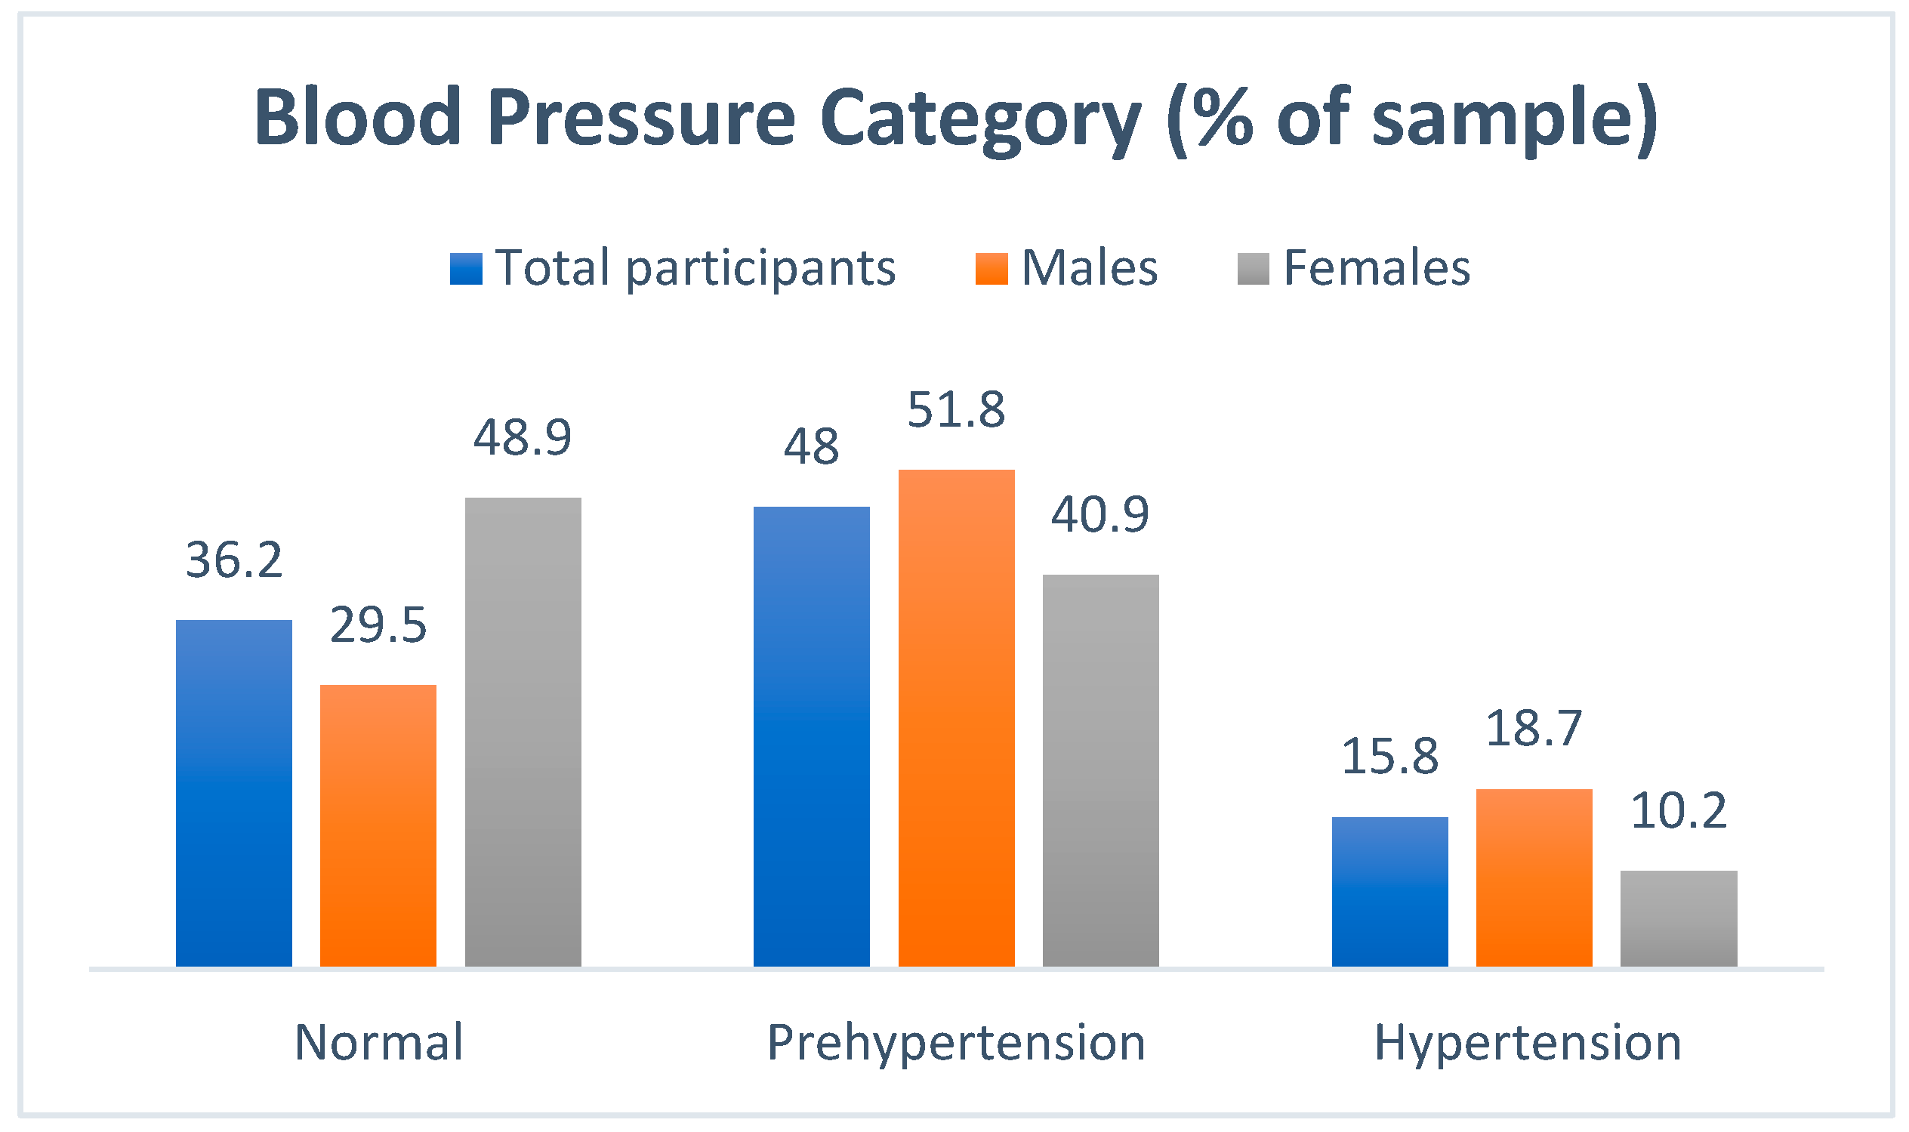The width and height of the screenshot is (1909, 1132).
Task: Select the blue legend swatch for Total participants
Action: (x=466, y=269)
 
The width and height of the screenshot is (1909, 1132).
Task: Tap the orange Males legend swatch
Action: (x=992, y=269)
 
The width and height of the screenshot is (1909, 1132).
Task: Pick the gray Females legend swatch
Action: (x=1253, y=269)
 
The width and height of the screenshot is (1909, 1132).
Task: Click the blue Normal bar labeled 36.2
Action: (x=234, y=794)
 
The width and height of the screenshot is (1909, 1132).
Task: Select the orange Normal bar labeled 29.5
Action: (x=378, y=826)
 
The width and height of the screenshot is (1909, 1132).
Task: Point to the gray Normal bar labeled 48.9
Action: (x=523, y=733)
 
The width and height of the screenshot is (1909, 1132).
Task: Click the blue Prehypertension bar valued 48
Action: (x=812, y=737)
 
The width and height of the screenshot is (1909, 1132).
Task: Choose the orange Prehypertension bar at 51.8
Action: (x=957, y=719)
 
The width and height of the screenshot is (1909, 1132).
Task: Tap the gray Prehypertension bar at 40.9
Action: (x=1100, y=770)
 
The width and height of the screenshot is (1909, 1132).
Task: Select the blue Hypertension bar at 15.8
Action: (x=1389, y=892)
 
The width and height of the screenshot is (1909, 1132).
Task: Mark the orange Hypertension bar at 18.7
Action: (x=1534, y=878)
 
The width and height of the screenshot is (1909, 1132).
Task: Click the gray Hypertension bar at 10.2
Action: (x=1679, y=918)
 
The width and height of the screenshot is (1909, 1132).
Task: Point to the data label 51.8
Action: (x=957, y=410)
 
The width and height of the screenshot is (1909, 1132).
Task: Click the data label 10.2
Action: (x=1679, y=810)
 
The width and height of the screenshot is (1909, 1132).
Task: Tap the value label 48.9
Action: (x=523, y=438)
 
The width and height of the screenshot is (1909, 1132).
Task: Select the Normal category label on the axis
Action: (x=379, y=1042)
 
